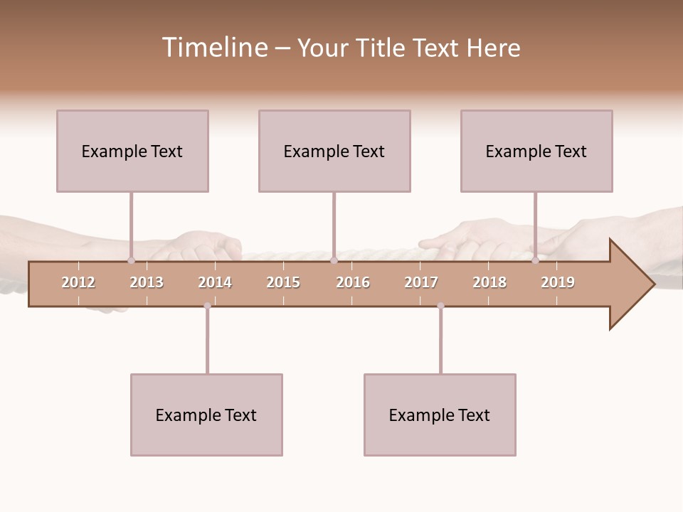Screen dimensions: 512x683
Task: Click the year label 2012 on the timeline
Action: point(78,282)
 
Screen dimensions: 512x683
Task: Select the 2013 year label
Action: point(147,282)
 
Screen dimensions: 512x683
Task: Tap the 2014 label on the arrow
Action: point(215,282)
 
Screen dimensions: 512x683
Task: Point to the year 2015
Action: point(283,282)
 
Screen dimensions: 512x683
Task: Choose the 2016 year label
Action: point(353,282)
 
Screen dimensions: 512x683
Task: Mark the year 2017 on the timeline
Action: point(421,282)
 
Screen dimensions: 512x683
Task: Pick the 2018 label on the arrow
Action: point(489,282)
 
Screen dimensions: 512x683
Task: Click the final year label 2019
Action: point(558,282)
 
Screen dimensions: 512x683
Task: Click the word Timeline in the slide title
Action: point(214,48)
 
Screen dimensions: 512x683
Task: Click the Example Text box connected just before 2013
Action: point(132,151)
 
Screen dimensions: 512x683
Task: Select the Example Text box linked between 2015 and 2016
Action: point(334,151)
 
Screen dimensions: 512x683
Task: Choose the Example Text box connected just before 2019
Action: point(536,151)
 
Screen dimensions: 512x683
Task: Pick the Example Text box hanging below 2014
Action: point(206,415)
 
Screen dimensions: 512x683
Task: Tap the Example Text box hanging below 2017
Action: point(440,415)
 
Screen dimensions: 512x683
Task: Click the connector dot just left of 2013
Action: point(131,260)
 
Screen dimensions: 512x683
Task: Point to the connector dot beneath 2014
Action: point(207,306)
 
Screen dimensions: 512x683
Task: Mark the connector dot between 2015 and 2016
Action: point(334,260)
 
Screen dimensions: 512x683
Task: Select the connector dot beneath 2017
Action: point(440,306)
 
